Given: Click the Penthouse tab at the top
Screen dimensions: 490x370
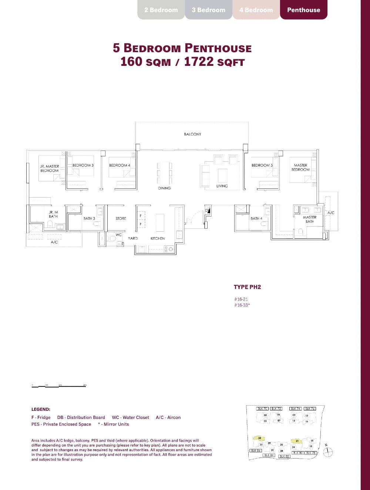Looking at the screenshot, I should tap(303, 10).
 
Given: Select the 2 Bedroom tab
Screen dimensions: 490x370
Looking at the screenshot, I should tap(161, 10).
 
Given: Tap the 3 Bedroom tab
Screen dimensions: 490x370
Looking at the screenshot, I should tap(208, 10).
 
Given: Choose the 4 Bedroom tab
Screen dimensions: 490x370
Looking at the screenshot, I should tap(256, 10).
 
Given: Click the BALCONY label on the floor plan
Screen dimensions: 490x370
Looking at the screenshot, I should tap(192, 134).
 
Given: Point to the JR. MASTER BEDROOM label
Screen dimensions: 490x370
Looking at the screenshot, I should tap(50, 168).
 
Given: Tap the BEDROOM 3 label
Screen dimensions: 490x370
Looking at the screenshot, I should tap(83, 165).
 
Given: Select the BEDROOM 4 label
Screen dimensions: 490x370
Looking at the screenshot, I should tap(120, 165).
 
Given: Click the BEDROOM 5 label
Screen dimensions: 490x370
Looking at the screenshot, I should tap(262, 165).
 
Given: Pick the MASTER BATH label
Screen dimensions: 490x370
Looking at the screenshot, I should tap(310, 219).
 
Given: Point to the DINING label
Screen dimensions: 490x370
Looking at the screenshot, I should tap(164, 188).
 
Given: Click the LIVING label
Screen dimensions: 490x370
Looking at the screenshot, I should tap(222, 186).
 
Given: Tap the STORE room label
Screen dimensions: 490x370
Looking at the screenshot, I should tap(121, 218).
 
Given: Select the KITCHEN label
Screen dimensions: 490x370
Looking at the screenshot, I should tap(158, 238).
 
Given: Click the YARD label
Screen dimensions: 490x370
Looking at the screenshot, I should tap(133, 238).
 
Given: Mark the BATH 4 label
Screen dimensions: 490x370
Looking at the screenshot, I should tap(256, 218).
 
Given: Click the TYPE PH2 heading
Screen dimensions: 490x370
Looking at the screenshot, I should tap(247, 287).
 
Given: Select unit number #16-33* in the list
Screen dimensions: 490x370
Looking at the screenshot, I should tap(242, 305).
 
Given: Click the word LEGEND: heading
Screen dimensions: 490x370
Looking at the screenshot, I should tap(41, 409).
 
